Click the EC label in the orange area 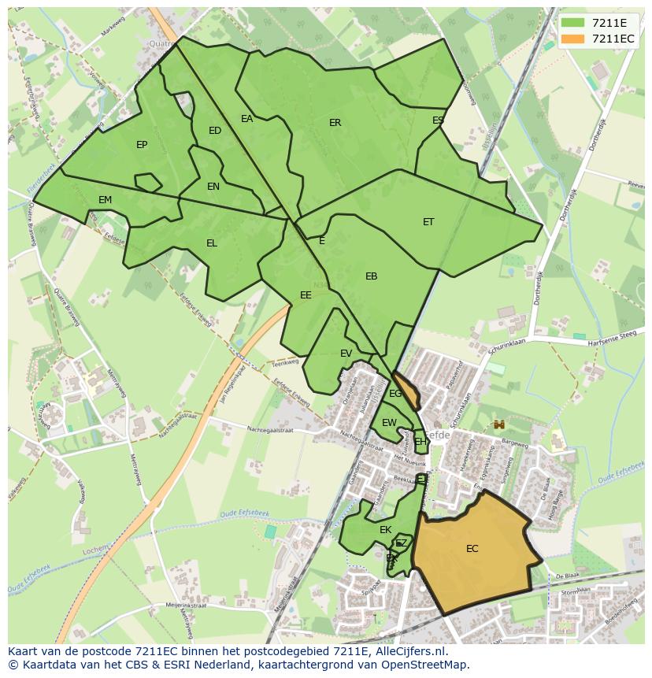[472, 549]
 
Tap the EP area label [142, 145]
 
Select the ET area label [428, 222]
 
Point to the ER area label [335, 123]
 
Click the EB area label [372, 276]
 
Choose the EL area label [212, 243]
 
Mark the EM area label [106, 200]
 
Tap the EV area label [346, 354]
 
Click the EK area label [386, 530]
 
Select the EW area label [389, 423]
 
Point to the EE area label [306, 295]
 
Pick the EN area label [213, 187]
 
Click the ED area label [215, 131]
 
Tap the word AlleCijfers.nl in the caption [409, 651]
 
